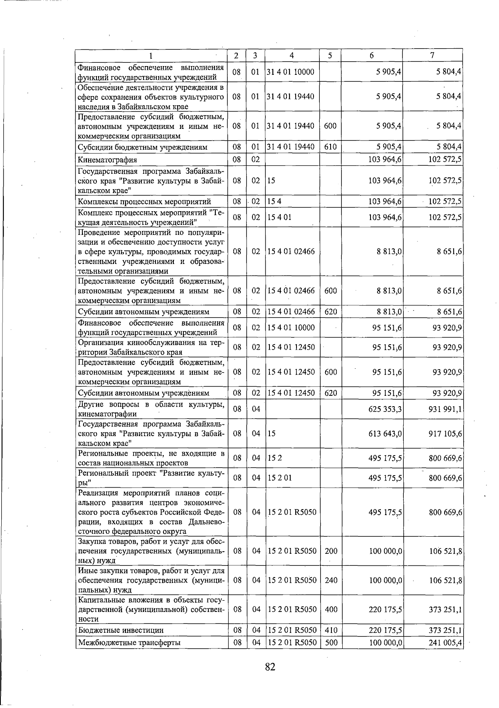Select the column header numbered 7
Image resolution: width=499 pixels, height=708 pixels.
[432, 55]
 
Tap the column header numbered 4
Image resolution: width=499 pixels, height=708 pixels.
[292, 55]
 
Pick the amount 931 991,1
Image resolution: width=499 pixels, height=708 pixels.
[445, 410]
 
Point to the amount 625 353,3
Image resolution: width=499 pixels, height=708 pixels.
[385, 410]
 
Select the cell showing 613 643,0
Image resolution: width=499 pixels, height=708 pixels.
[385, 434]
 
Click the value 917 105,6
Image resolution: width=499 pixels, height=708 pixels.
[445, 434]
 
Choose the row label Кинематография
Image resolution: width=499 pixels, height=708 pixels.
[107, 160]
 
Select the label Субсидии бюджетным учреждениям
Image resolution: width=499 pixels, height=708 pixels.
[142, 148]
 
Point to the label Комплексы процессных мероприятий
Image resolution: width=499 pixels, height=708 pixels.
[144, 202]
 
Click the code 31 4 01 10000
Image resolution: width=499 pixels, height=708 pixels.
[291, 72]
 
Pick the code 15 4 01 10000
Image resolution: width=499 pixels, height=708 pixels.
[291, 328]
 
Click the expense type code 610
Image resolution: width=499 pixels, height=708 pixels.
[330, 147]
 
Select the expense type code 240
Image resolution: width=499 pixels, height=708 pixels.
[331, 580]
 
